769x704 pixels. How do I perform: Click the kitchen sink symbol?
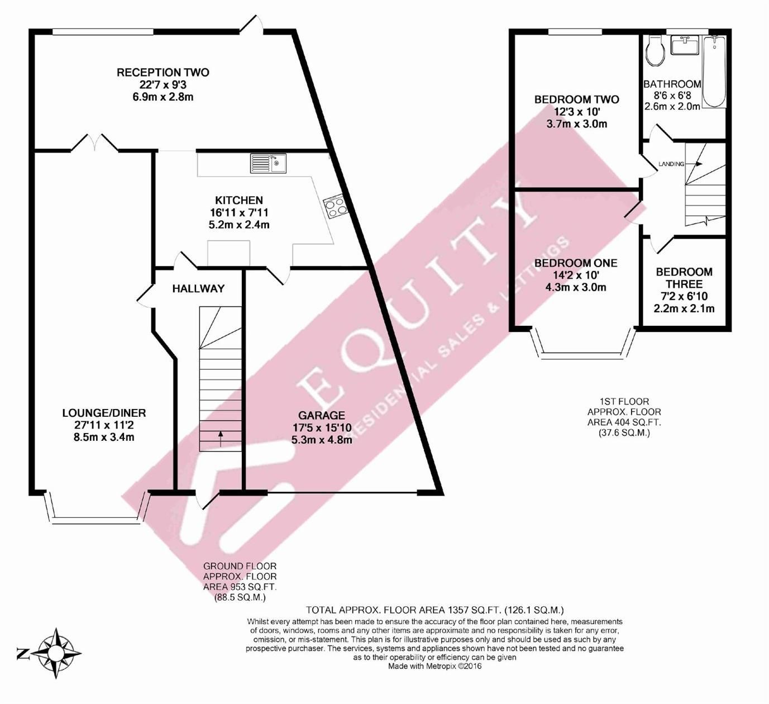(x=268, y=163)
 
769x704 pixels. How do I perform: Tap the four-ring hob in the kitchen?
(x=334, y=207)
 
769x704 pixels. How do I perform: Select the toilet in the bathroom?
(x=655, y=50)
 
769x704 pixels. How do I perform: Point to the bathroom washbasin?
(x=685, y=45)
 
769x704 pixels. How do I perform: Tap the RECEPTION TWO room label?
(x=163, y=73)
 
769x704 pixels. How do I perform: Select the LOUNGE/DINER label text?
(x=104, y=413)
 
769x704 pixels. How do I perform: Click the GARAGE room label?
(x=321, y=416)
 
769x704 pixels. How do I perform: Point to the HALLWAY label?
(x=198, y=289)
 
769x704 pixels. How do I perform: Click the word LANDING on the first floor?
(x=671, y=164)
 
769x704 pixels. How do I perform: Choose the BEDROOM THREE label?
(x=684, y=278)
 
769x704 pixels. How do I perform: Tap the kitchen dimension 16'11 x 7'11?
(x=239, y=213)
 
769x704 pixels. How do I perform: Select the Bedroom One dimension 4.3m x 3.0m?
(x=576, y=288)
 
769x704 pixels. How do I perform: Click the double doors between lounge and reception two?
(x=94, y=143)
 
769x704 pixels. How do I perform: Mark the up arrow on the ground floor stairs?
(x=221, y=439)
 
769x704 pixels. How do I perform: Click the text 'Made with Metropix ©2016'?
(x=434, y=666)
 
